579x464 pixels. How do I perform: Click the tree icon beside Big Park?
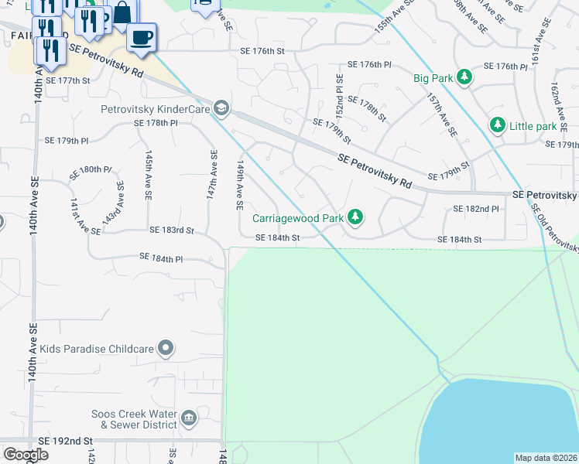coord(464,77)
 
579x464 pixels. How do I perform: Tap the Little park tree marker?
coord(497,125)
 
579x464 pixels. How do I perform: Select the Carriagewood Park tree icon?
coord(355,218)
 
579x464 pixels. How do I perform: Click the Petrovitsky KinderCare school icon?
coord(221,108)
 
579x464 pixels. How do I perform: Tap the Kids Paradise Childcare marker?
coord(165,349)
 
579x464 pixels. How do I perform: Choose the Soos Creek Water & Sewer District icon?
coord(188,420)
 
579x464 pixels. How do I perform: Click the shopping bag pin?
coord(122,13)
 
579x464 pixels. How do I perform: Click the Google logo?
coord(26,455)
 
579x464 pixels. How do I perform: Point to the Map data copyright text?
coord(546,458)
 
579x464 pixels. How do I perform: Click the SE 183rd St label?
coord(171,230)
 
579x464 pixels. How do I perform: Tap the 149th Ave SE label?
coord(240,186)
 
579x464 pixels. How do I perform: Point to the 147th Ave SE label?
coord(211,176)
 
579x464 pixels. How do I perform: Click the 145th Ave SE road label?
coord(146,176)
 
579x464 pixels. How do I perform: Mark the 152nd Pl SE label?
coord(339,91)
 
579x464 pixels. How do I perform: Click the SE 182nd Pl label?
coord(475,209)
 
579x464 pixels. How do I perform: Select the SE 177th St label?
coord(68,80)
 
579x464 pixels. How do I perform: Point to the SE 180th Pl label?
coord(90,170)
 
